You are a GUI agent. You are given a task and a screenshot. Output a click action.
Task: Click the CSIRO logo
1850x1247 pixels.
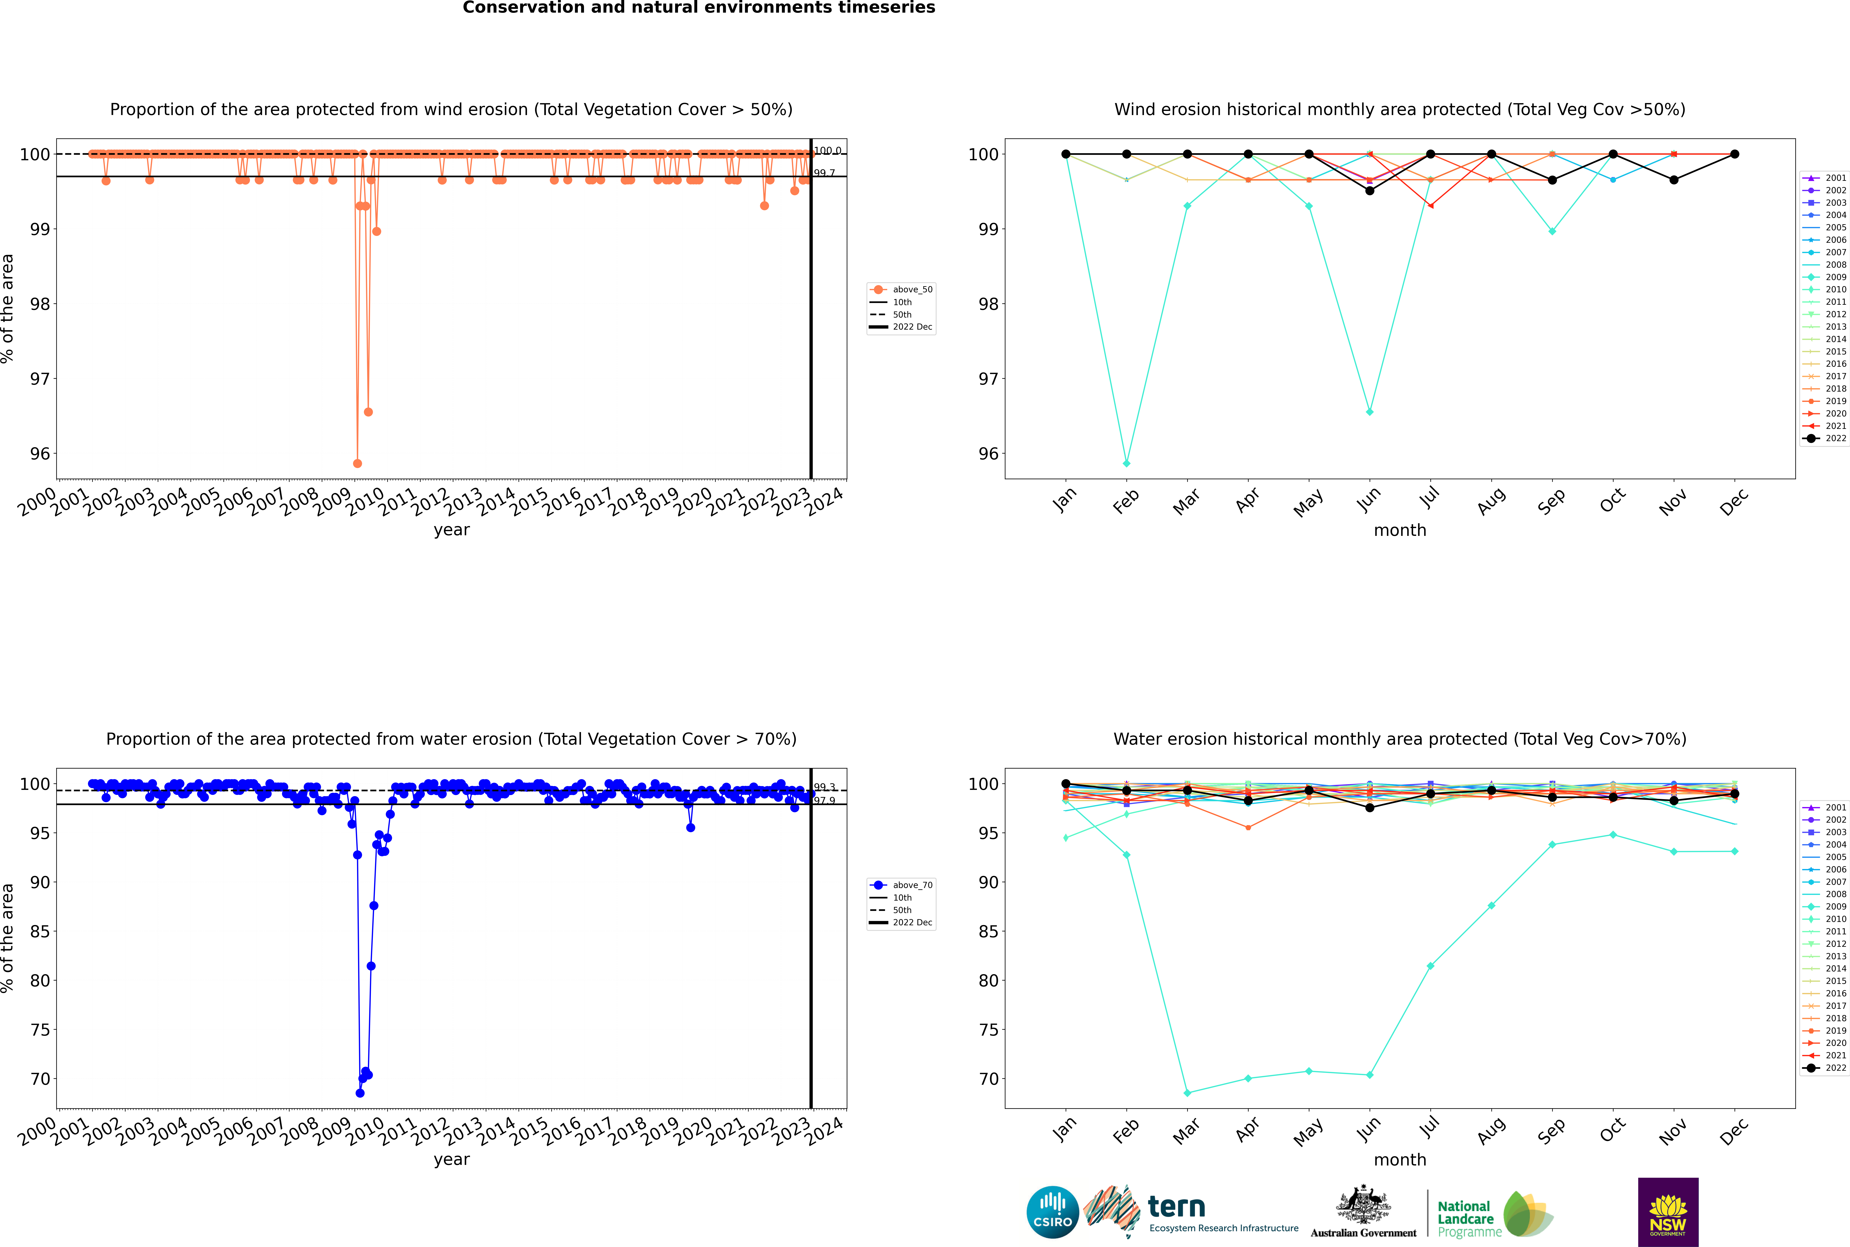[x=1052, y=1212]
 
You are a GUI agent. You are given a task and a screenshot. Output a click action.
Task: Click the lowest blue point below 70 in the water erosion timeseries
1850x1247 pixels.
[x=359, y=1093]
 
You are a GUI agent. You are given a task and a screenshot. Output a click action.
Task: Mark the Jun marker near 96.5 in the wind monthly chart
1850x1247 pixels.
[x=1370, y=412]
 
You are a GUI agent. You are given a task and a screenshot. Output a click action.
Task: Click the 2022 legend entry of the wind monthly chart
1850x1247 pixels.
[x=1829, y=438]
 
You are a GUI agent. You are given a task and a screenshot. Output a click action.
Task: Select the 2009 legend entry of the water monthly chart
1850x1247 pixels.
[x=1829, y=907]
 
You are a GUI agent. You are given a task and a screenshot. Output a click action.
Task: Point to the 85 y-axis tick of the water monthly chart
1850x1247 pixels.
[x=989, y=931]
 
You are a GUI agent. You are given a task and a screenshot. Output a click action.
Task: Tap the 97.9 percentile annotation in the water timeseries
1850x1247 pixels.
[x=824, y=801]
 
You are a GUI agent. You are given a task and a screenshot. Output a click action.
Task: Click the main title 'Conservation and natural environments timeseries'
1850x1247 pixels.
[x=698, y=8]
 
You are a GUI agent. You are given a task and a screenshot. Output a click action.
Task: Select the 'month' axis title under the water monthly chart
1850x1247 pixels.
[x=1400, y=1160]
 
